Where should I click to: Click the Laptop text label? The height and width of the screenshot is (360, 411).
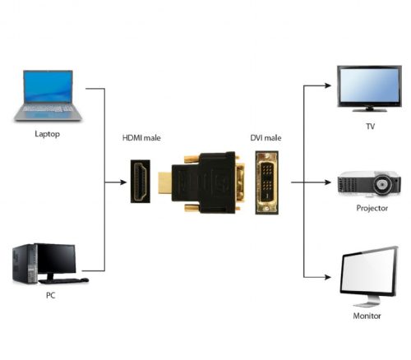tap(47, 133)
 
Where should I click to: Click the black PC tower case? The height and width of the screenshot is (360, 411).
tap(22, 262)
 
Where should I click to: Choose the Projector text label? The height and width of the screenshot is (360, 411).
tap(372, 208)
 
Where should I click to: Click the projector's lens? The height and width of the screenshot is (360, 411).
tap(384, 184)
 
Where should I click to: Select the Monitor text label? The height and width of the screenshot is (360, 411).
tap(371, 314)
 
